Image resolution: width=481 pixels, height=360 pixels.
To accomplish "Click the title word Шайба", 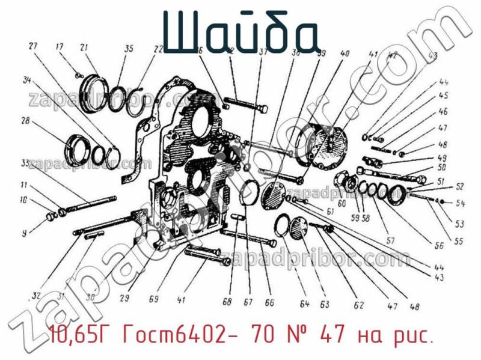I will [240, 31].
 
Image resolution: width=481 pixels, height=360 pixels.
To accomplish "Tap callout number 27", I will [32, 46].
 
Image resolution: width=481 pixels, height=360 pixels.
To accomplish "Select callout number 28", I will [25, 121].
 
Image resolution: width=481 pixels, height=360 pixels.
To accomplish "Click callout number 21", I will [84, 48].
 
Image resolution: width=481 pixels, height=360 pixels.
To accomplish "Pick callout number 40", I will [345, 54].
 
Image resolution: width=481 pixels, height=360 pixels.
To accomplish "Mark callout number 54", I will [461, 203].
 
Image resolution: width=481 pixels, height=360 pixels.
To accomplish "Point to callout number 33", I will [25, 163].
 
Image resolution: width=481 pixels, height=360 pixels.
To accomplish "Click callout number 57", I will [390, 241].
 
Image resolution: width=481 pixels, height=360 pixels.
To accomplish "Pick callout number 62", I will [359, 305].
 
